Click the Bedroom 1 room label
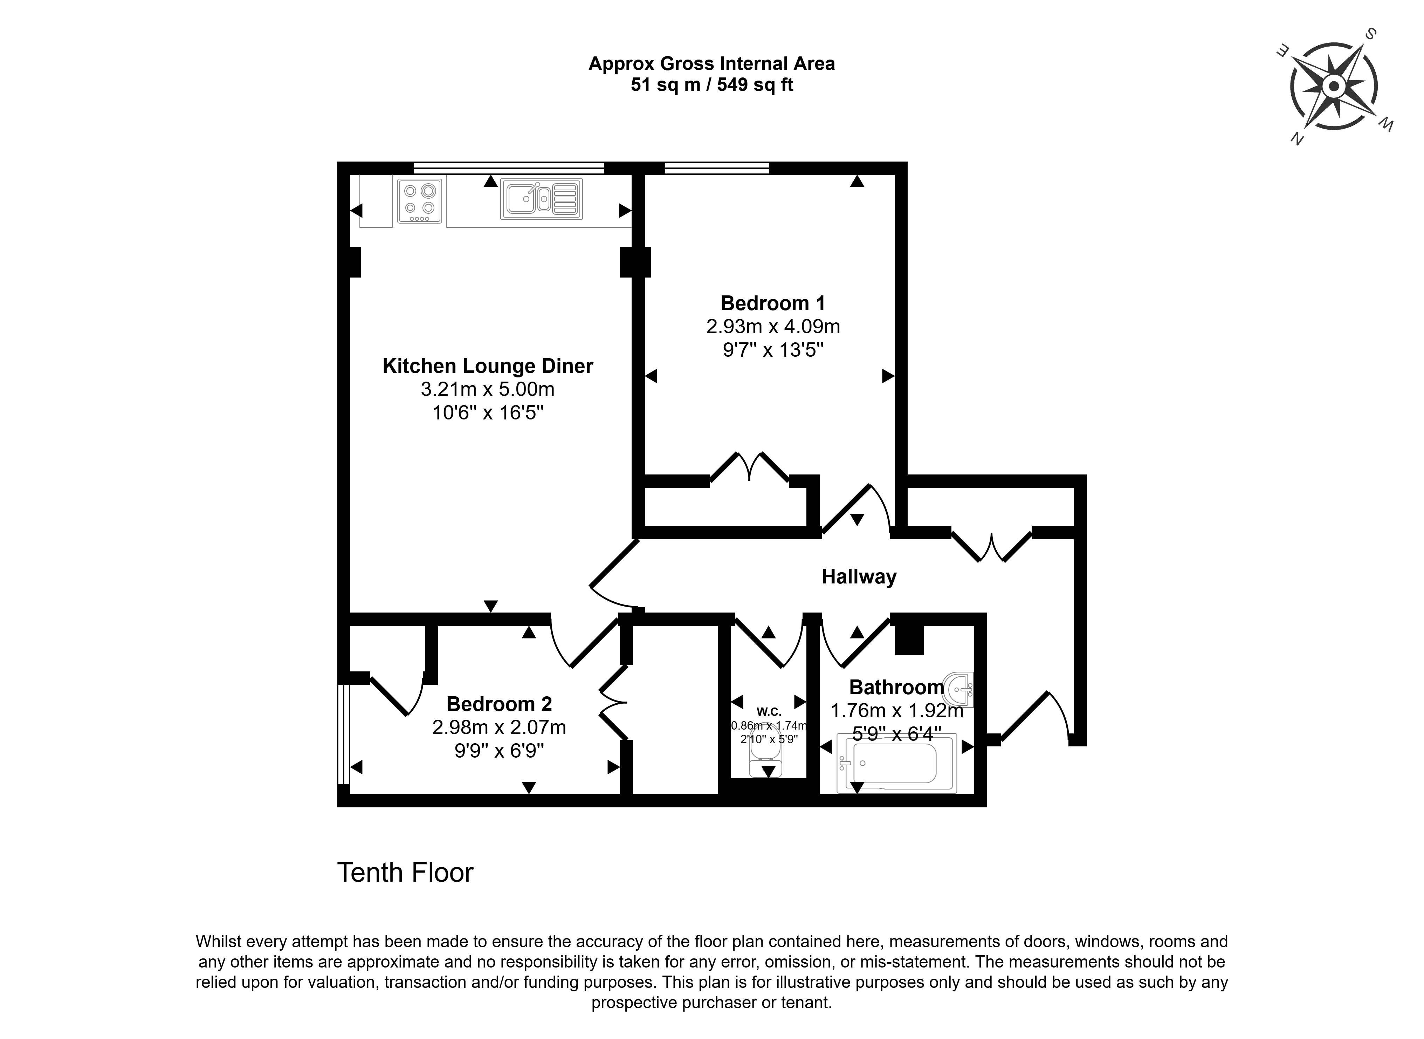point(773,303)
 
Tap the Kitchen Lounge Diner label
point(488,366)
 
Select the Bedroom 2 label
point(499,703)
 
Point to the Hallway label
point(859,577)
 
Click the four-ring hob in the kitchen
point(419,201)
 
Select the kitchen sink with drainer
point(541,199)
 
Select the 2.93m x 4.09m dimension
point(773,326)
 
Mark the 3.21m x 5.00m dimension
point(488,389)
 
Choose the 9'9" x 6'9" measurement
point(499,750)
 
